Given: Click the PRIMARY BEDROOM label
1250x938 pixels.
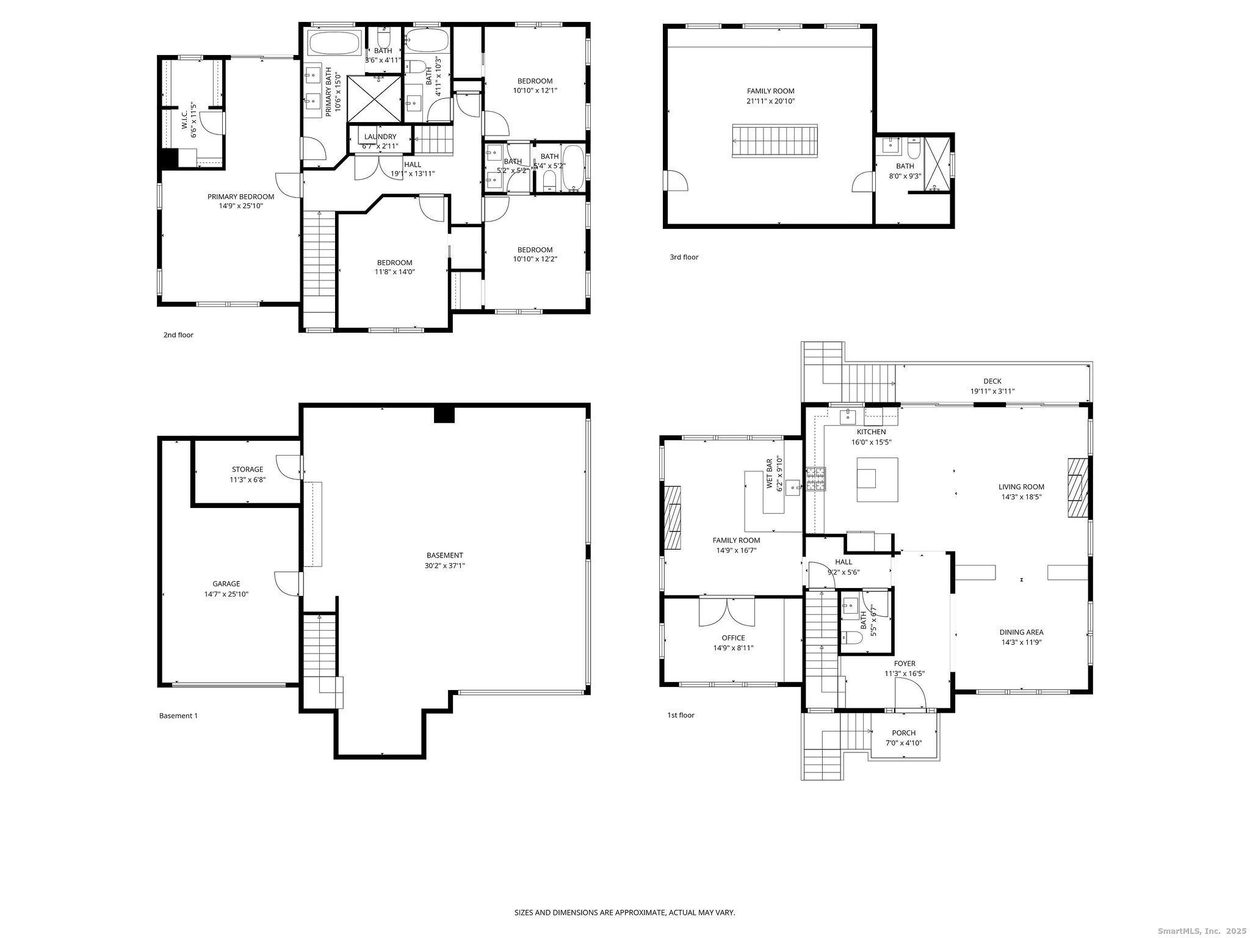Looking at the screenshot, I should pyautogui.click(x=240, y=197).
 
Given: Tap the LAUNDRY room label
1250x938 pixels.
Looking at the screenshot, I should pyautogui.click(x=380, y=137).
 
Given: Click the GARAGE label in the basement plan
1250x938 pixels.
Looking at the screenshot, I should pyautogui.click(x=226, y=584).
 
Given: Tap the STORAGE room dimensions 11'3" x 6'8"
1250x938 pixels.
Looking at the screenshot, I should pyautogui.click(x=247, y=479).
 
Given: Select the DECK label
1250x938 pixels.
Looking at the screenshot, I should pyautogui.click(x=992, y=381).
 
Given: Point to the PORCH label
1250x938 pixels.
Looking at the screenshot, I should pyautogui.click(x=903, y=733).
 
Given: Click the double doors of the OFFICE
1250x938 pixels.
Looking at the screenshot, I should pyautogui.click(x=726, y=611).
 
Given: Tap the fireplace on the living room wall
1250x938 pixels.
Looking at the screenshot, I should pyautogui.click(x=1077, y=487).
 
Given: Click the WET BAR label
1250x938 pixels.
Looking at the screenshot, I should pyautogui.click(x=770, y=473).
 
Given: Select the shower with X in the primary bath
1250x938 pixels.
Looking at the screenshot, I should pyautogui.click(x=375, y=99).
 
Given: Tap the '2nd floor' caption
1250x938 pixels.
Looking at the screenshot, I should pyautogui.click(x=178, y=335).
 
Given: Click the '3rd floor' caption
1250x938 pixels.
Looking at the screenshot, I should pyautogui.click(x=684, y=257).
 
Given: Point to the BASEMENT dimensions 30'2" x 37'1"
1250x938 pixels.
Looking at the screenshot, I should pyautogui.click(x=444, y=565).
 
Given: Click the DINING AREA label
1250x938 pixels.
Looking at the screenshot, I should pyautogui.click(x=1021, y=632).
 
